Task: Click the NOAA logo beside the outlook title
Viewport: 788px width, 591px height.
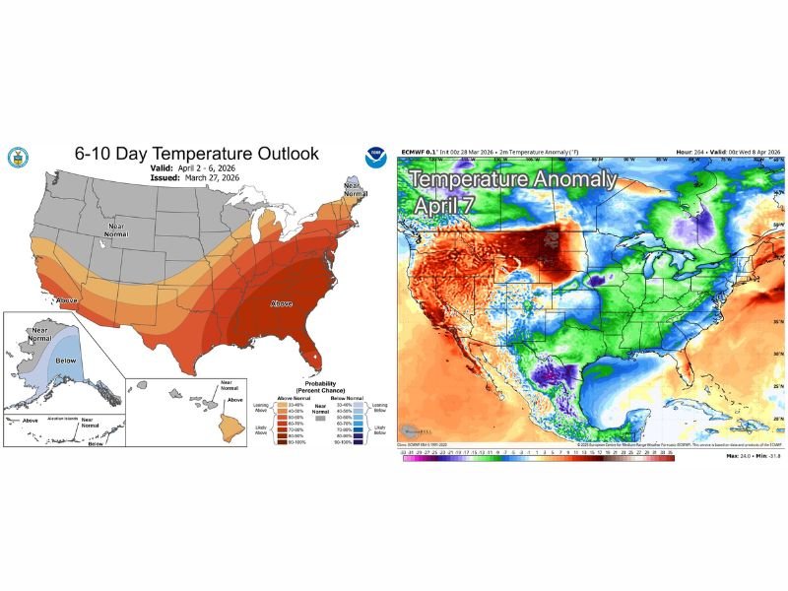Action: tap(374, 157)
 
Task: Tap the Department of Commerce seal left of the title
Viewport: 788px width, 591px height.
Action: tap(16, 157)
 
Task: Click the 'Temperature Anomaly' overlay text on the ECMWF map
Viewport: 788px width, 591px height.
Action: tap(512, 179)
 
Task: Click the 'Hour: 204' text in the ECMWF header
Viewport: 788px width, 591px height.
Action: tap(690, 152)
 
